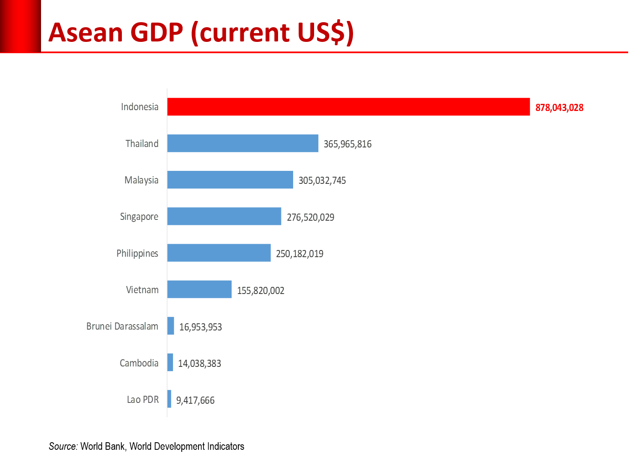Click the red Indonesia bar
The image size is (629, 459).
[x=348, y=106]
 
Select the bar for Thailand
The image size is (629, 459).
[x=243, y=143]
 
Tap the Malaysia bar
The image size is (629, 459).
[x=230, y=180]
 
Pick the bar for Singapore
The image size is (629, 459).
[x=224, y=216]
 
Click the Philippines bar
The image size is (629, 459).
[x=219, y=253]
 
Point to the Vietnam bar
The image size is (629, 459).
[x=199, y=289]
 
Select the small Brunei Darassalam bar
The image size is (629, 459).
[x=171, y=325]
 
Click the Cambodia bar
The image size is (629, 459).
[x=170, y=362]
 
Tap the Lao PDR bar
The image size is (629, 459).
[x=169, y=399]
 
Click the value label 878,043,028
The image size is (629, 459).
[x=559, y=108]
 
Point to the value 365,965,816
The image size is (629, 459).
[x=348, y=144]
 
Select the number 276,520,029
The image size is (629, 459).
[x=310, y=217]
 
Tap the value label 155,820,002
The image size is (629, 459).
[x=260, y=290]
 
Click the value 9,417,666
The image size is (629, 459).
[x=195, y=400]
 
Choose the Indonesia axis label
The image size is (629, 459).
[x=140, y=107]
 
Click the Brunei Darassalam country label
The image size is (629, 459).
[x=122, y=326]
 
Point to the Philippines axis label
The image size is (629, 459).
[x=137, y=253]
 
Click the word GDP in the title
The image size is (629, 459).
[x=157, y=33]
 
